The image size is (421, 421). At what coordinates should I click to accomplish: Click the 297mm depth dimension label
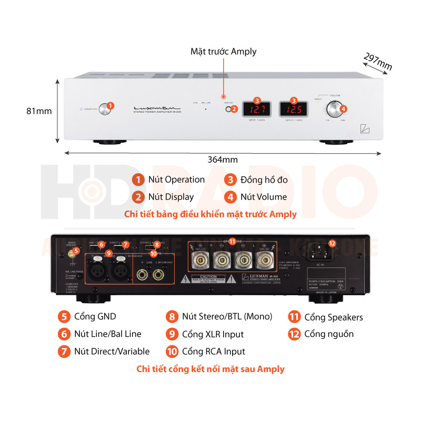378,62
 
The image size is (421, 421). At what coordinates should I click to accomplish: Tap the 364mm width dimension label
223,159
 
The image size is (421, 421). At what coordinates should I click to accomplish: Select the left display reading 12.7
256,110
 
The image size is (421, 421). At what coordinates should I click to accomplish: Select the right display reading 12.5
294,110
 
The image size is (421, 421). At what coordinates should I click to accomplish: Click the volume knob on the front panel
334,109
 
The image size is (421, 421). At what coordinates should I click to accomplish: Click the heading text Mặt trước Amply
223,52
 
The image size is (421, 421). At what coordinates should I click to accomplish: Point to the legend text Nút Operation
176,179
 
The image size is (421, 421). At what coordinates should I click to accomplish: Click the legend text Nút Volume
264,197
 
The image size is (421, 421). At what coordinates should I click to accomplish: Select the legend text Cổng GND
95,316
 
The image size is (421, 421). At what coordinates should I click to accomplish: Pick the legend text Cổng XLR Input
213,334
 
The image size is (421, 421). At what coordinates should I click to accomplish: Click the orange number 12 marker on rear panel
332,243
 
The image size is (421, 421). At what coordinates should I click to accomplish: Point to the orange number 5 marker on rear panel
77,251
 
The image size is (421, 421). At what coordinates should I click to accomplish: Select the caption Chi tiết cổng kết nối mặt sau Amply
210,369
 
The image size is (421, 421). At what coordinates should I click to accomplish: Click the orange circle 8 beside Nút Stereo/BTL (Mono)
171,317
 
